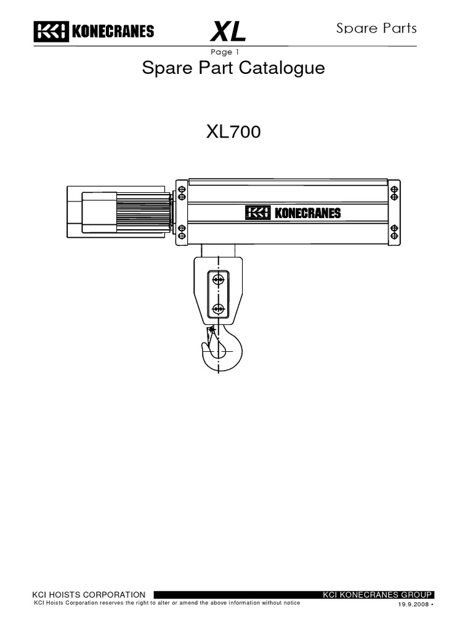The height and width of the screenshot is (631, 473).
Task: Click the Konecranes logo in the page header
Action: [x=94, y=31]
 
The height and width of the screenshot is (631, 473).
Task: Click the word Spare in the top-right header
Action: [x=354, y=28]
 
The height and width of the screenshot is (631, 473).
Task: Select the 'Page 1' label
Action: [x=225, y=52]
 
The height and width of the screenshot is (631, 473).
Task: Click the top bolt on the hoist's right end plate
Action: [x=394, y=192]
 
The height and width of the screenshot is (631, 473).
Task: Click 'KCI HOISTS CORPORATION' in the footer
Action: [x=89, y=595]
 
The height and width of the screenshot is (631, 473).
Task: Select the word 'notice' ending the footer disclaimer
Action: [x=291, y=603]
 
